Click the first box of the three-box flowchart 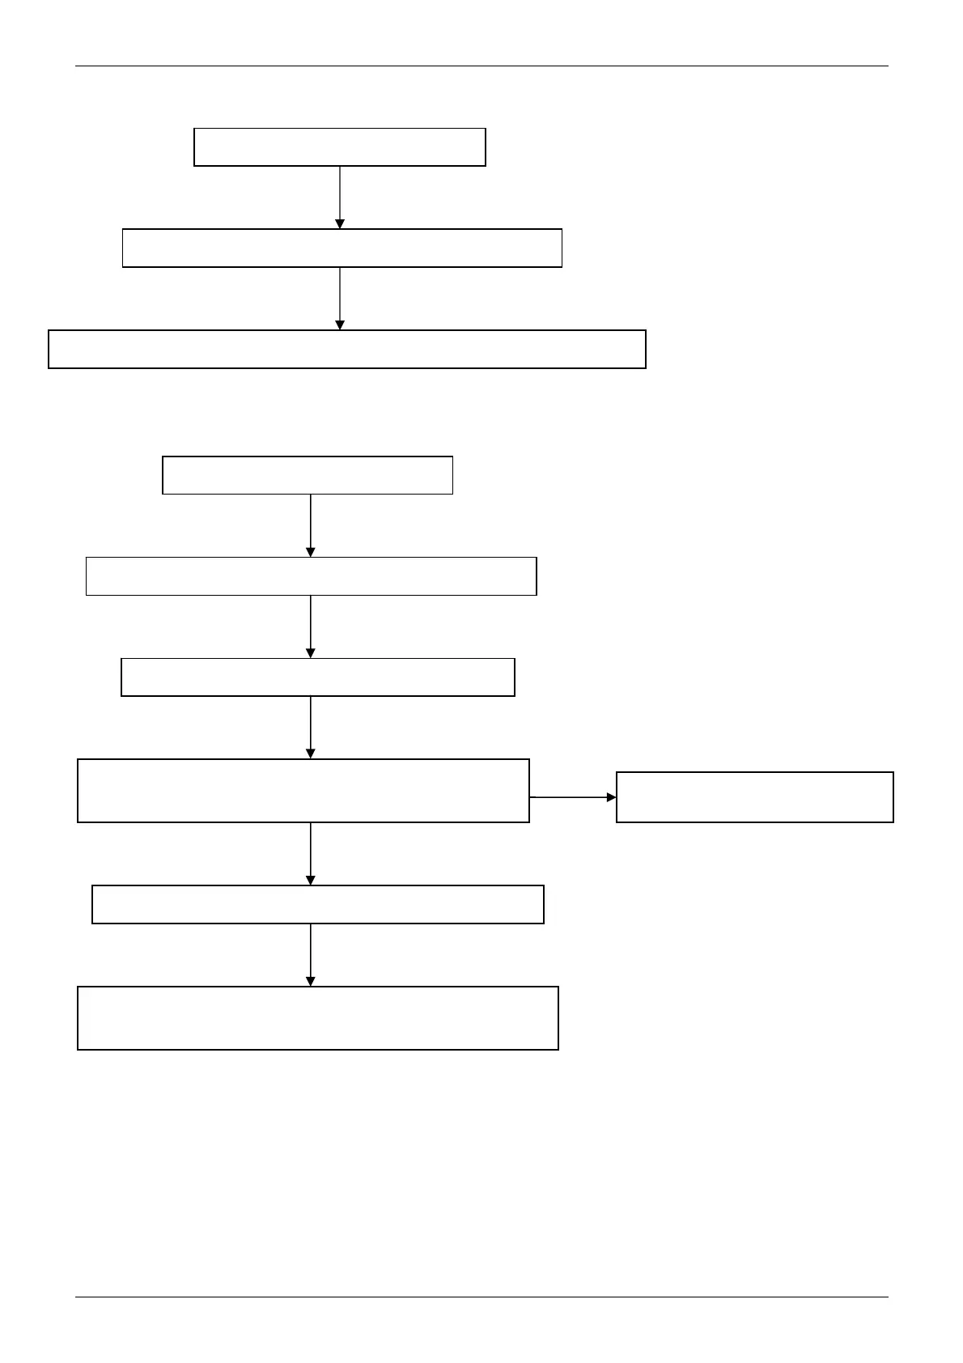340,146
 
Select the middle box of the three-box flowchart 342,248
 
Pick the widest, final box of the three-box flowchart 347,349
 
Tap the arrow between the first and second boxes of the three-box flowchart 340,197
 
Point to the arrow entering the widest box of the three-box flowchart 340,299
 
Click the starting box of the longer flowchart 308,475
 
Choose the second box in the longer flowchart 311,576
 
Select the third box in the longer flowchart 317,677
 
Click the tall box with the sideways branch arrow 303,791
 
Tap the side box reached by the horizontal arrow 755,797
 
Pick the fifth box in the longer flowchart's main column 317,904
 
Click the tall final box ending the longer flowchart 317,1018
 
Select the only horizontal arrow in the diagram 573,797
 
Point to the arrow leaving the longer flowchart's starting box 311,525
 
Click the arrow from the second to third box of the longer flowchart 311,626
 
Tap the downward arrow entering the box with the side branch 311,728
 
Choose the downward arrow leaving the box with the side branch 311,854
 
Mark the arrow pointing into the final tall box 311,955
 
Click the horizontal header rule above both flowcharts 481,66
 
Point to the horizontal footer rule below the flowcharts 481,1297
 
